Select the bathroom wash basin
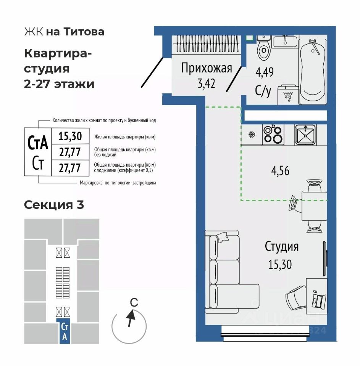coord(285,42)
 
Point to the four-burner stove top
coord(273,135)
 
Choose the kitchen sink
coord(305,135)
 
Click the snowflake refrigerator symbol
coord(252,135)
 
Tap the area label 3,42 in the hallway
coord(206,83)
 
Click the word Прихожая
coord(207,68)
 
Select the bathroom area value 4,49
coord(265,72)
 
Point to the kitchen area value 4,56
coord(280,171)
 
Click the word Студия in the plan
coord(282,247)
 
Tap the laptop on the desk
coord(319,301)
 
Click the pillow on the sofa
coord(222,237)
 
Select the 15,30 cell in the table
coord(70,136)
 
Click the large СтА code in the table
coord(38,143)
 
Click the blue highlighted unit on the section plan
coord(65,331)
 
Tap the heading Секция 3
coord(54,205)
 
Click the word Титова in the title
coord(84,32)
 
